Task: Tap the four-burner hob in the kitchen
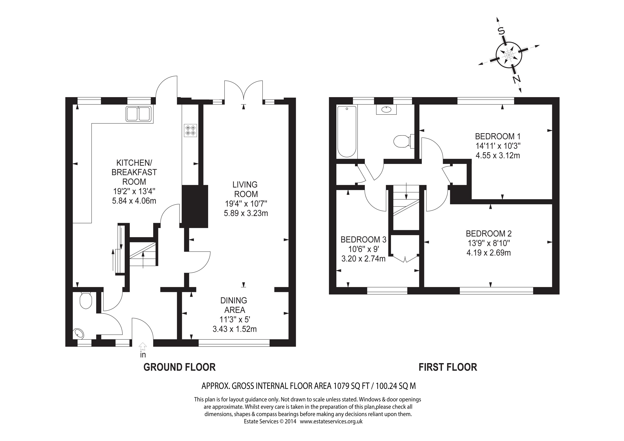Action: [x=191, y=130]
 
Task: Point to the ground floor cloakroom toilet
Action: [x=86, y=300]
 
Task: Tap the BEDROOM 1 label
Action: [x=498, y=136]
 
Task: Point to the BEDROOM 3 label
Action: [x=363, y=239]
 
